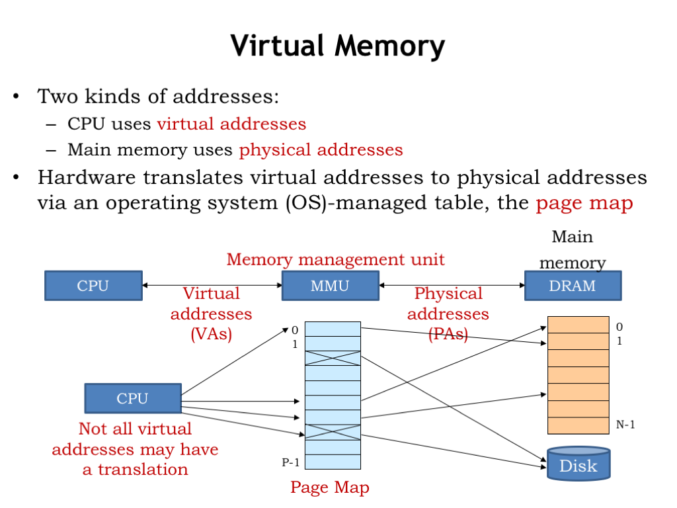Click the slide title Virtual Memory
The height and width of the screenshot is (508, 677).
[x=338, y=47]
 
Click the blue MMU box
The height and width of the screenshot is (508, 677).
[x=330, y=286]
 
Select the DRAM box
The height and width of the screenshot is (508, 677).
[x=572, y=286]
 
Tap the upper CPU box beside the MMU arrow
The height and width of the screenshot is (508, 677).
[x=93, y=286]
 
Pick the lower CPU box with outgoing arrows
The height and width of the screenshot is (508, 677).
[x=132, y=398]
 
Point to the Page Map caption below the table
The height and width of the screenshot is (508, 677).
[x=329, y=488]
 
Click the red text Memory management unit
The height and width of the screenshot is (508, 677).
[x=335, y=259]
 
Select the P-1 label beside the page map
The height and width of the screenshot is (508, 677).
[x=291, y=462]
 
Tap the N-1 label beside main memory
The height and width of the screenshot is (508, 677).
[x=625, y=425]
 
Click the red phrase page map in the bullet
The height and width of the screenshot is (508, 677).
[x=584, y=202]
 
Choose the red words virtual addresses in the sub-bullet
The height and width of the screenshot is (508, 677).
[x=231, y=124]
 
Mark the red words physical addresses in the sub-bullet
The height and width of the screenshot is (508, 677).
[x=321, y=150]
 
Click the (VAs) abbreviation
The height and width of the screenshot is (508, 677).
[x=211, y=334]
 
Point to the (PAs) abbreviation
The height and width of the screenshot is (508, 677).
[x=448, y=334]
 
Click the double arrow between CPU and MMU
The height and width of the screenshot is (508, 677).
[x=212, y=286]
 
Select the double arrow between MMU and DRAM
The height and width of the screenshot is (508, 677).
[x=452, y=286]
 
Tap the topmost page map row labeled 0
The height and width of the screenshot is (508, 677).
[x=333, y=329]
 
